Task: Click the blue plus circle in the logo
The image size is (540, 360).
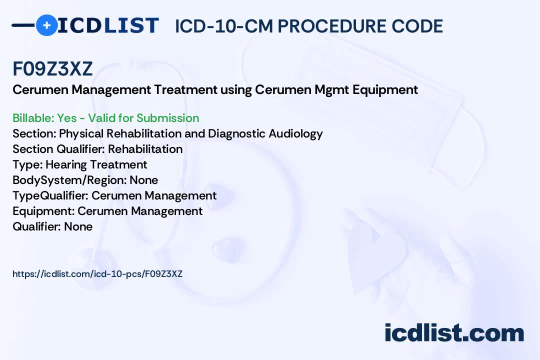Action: tap(46, 25)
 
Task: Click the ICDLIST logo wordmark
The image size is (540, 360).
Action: tap(108, 25)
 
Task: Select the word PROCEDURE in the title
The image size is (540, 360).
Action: tap(332, 26)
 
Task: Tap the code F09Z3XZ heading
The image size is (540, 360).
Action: tap(52, 68)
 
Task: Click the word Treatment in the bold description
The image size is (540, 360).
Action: tap(185, 89)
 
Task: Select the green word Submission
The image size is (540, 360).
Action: tap(167, 118)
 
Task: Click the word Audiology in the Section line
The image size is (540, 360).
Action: tap(295, 133)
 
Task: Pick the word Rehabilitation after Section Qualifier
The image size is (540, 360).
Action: tap(145, 149)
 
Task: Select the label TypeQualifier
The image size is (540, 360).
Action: tap(50, 195)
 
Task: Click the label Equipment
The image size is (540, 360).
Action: tap(43, 211)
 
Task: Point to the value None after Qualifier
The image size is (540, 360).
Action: tap(78, 226)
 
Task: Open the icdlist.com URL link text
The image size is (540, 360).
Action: tap(97, 274)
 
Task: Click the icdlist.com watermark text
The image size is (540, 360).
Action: tap(454, 333)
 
